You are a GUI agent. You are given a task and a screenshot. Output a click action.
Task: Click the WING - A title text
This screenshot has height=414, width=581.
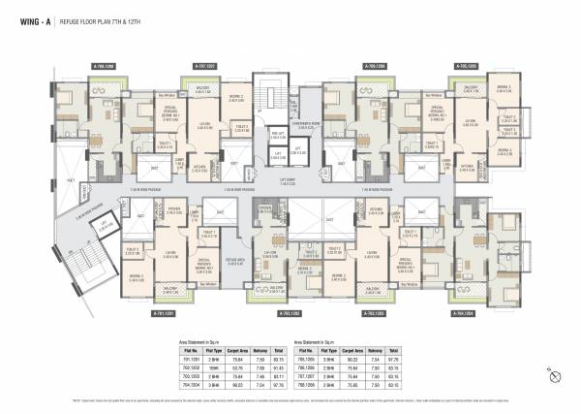pyautogui.click(x=29, y=17)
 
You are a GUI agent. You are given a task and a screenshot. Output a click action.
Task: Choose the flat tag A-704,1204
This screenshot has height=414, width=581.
pyautogui.click(x=465, y=313)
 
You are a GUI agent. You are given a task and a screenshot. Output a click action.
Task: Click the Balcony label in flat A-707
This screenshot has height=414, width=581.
pyautogui.click(x=203, y=88)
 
